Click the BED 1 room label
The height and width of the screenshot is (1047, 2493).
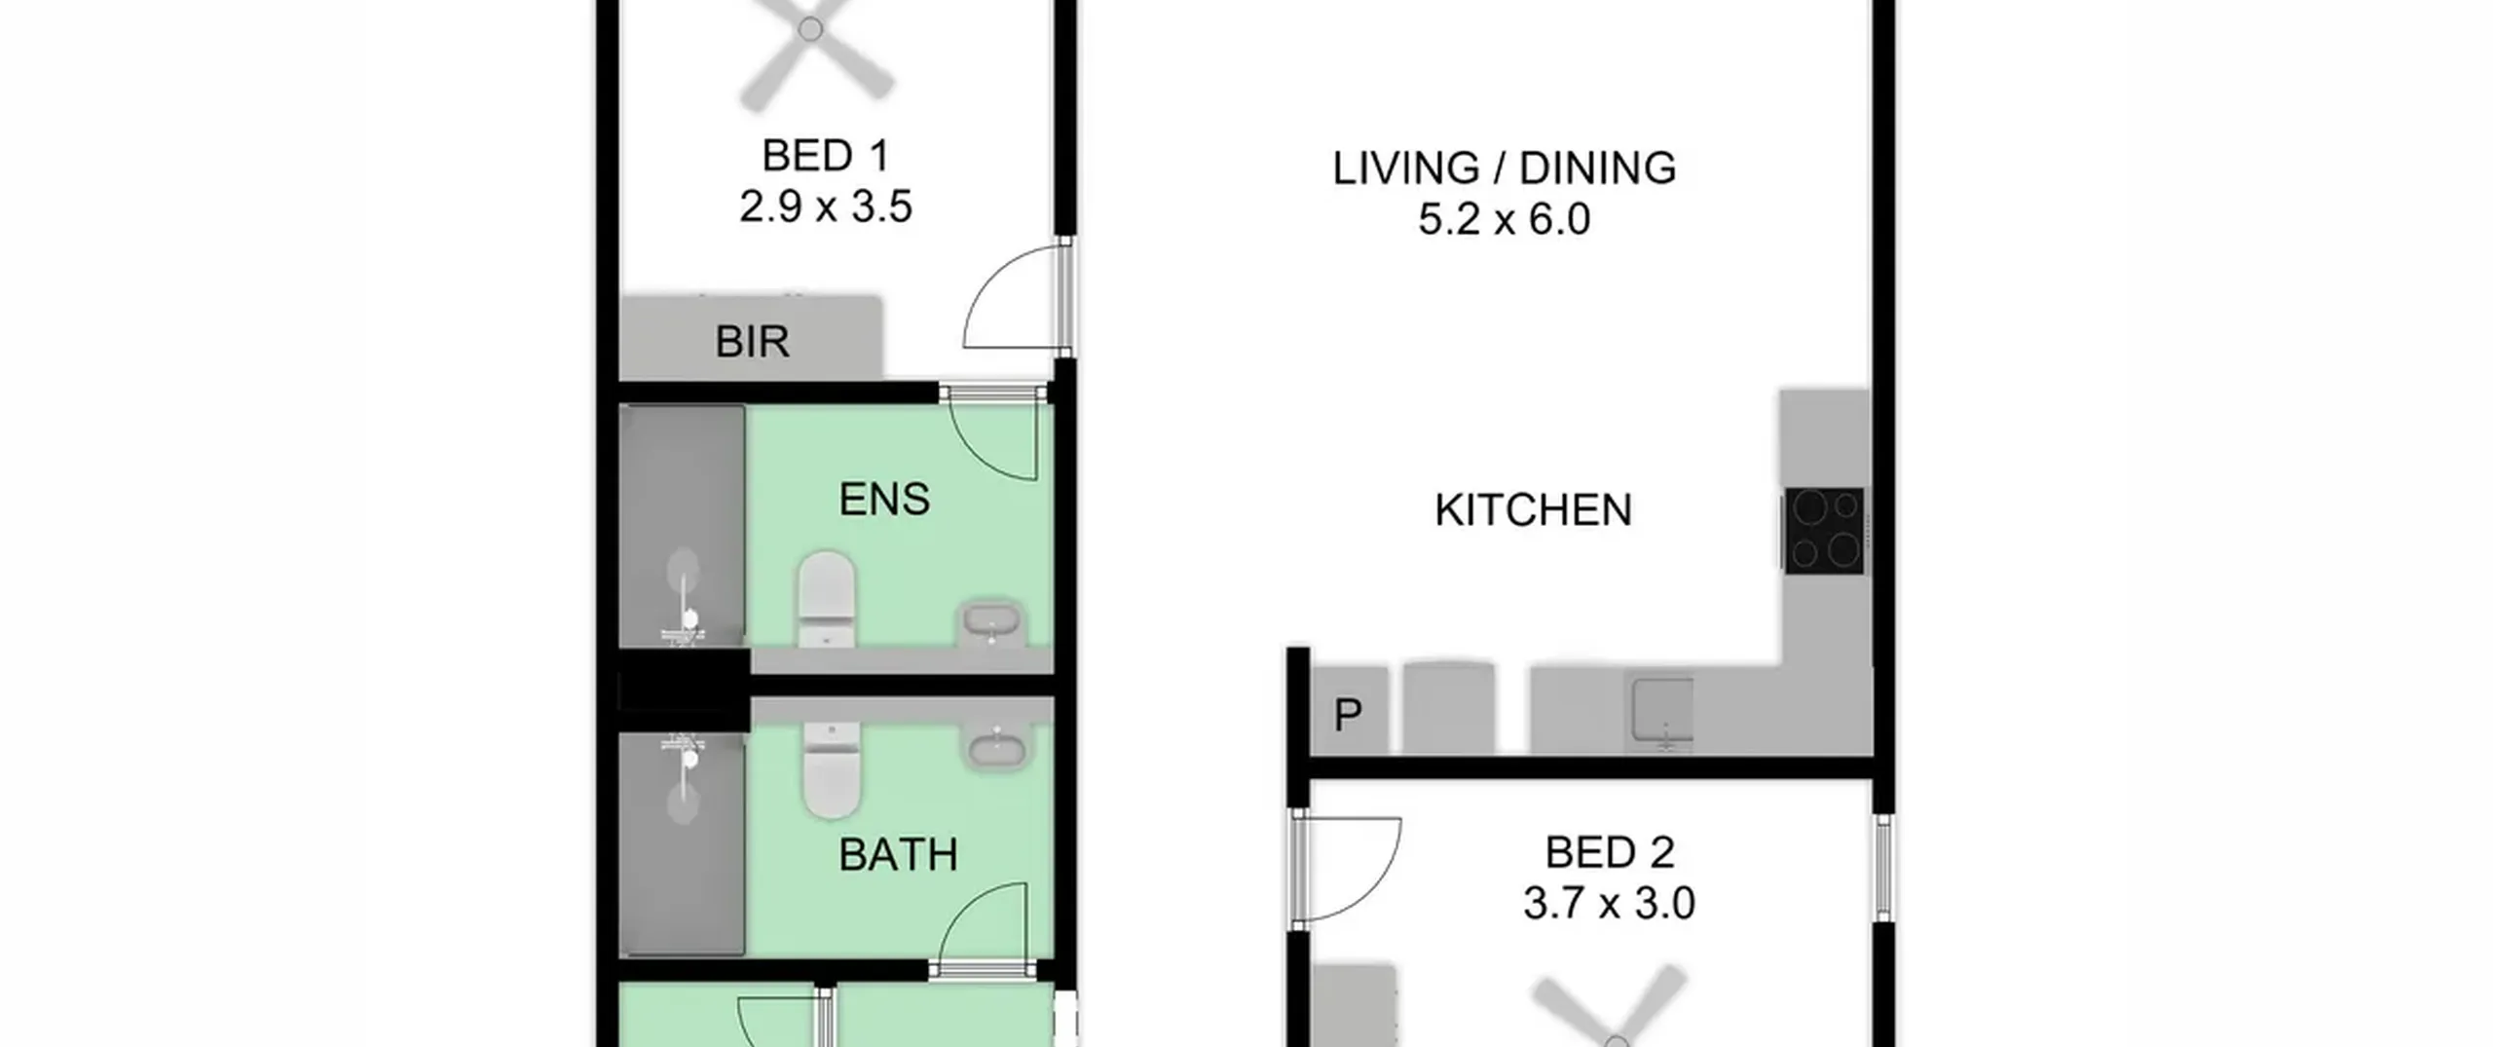(825, 156)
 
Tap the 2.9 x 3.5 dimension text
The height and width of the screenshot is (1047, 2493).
(825, 206)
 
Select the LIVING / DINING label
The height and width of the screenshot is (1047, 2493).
(1504, 168)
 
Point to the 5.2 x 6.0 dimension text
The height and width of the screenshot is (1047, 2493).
(1504, 219)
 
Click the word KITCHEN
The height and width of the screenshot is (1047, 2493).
(1533, 510)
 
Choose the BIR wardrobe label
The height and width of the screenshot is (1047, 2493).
(752, 342)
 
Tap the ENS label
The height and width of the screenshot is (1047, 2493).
(884, 500)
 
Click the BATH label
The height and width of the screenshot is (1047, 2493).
(898, 855)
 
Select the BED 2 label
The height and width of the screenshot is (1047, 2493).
(1609, 853)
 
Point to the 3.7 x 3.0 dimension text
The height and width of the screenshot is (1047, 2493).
(1609, 904)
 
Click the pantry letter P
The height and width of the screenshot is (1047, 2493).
(1348, 716)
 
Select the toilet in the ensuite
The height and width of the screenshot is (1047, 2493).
(827, 599)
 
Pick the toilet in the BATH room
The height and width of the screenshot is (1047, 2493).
(831, 770)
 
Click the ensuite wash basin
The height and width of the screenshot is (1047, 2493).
(991, 622)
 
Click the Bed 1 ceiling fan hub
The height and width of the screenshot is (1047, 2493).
(810, 30)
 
